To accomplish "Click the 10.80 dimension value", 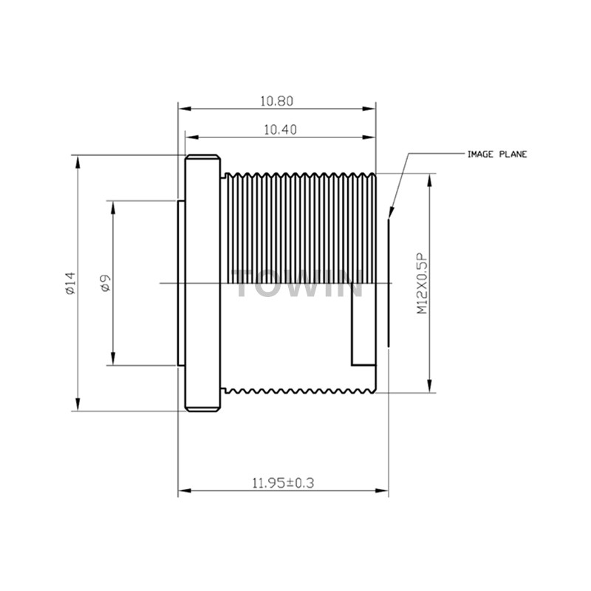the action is click(276, 101).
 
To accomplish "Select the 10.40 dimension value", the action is click(280, 130).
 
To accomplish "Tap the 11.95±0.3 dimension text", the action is click(283, 483).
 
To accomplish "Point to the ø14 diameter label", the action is click(70, 283).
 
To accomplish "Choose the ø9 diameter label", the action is click(105, 283).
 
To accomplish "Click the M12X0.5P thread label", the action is click(422, 284).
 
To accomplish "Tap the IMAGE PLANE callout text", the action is click(497, 154).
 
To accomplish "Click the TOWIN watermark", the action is click(298, 283).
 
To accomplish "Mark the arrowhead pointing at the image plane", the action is click(391, 213).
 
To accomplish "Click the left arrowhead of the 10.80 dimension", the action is click(185, 109).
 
